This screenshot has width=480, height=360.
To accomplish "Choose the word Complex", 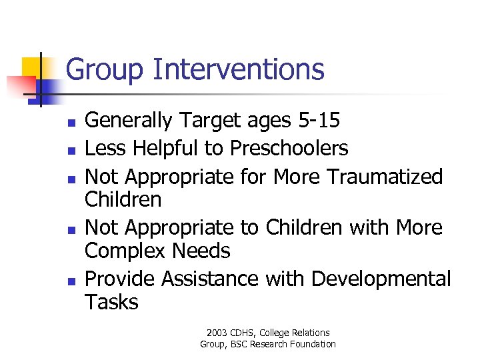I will click(x=125, y=251).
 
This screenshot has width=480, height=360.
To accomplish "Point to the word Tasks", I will click(x=111, y=302).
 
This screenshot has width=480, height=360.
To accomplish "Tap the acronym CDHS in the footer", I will click(x=247, y=333).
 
